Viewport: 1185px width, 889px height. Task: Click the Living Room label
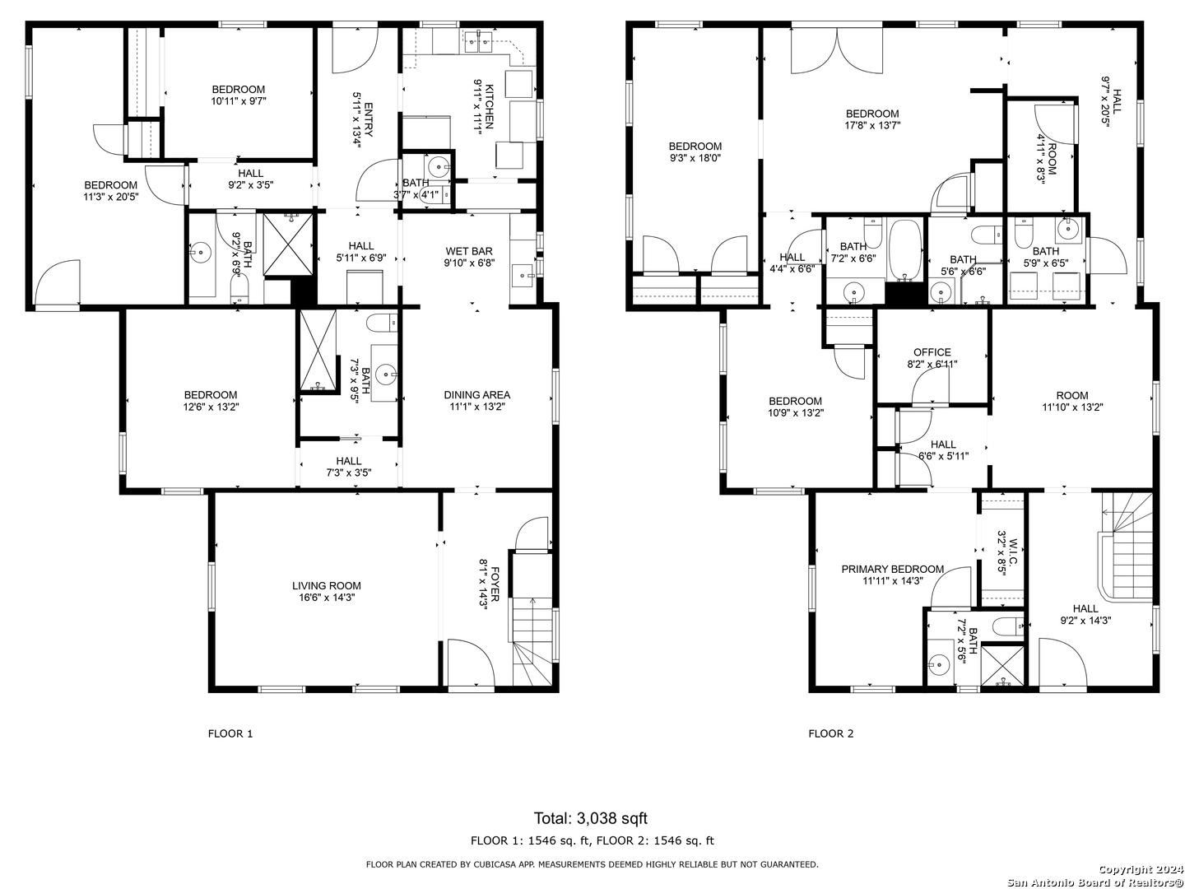click(326, 585)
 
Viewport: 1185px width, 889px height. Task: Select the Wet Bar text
click(468, 251)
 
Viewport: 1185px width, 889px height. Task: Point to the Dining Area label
click(476, 394)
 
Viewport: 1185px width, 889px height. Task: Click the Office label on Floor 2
click(932, 352)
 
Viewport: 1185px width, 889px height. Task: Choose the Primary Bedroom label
click(892, 569)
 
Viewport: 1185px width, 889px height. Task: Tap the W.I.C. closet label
click(1012, 550)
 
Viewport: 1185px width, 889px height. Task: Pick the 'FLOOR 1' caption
click(230, 733)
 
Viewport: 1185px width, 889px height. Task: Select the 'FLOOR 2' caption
click(831, 733)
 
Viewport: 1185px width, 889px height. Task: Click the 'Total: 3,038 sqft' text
click(591, 818)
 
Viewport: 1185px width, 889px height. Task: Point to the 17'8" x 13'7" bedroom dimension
click(872, 126)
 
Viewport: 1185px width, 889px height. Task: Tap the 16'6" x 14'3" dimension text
click(326, 597)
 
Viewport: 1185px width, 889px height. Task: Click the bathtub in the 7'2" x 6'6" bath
click(906, 250)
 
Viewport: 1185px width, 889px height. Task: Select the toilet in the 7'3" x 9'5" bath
click(381, 323)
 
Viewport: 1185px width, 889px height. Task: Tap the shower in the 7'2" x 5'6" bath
click(1002, 666)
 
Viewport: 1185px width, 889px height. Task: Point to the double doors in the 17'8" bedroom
click(836, 51)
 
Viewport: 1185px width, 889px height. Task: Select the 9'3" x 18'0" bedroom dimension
click(695, 158)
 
